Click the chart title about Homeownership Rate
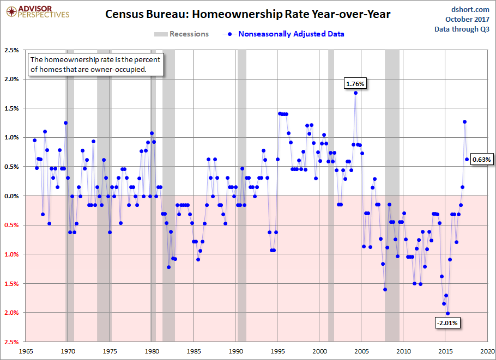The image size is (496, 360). (248, 15)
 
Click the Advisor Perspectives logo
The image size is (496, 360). (36, 12)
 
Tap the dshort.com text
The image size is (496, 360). (470, 9)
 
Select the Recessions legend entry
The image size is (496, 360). (182, 34)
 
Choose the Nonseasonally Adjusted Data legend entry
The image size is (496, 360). (283, 34)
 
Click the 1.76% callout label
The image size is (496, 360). (355, 83)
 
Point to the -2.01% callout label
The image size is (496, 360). (447, 323)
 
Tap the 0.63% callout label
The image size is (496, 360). (482, 160)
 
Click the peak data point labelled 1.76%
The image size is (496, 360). (355, 93)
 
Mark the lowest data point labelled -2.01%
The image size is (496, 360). (448, 313)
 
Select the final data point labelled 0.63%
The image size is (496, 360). (467, 159)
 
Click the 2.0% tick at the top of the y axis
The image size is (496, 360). (11, 79)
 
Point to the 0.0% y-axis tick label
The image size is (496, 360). (11, 196)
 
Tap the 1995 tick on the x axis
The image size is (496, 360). (278, 351)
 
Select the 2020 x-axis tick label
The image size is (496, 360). (488, 351)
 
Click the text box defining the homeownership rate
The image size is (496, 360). (95, 65)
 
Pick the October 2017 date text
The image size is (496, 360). (470, 19)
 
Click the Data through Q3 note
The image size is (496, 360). (462, 29)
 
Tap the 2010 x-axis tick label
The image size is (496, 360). (404, 351)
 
